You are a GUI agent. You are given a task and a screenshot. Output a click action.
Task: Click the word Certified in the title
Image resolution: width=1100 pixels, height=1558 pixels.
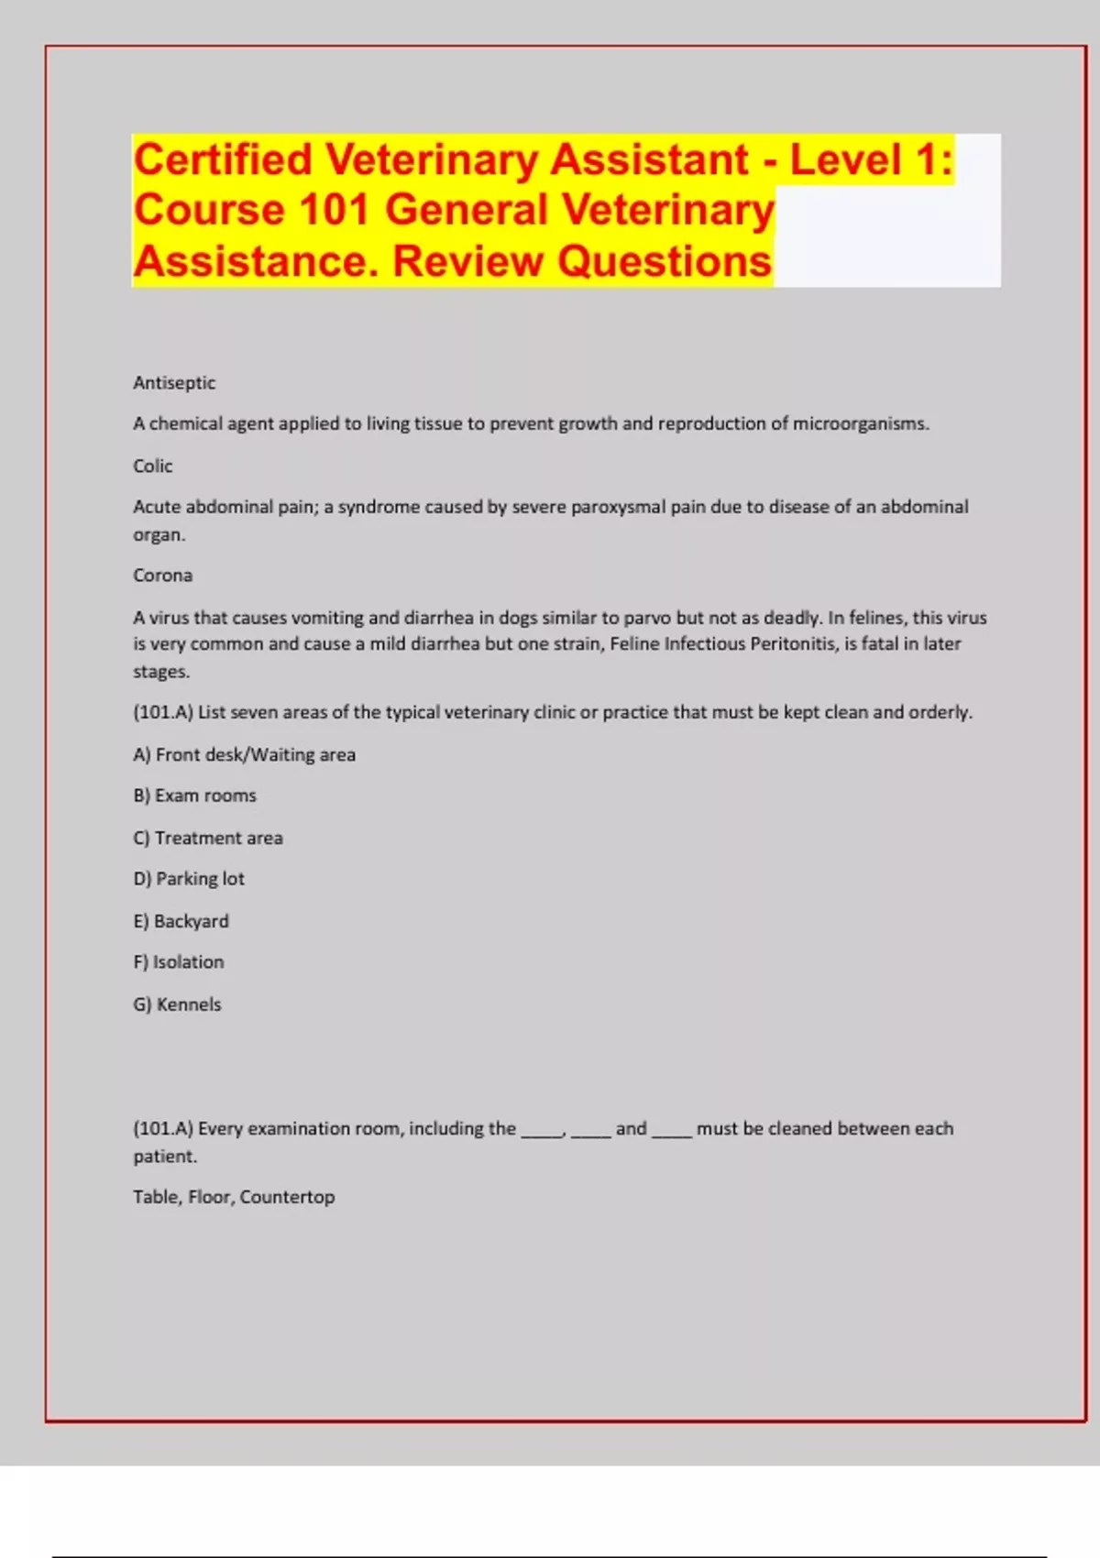tap(223, 160)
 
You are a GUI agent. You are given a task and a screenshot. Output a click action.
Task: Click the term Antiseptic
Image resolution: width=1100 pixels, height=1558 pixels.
tap(174, 383)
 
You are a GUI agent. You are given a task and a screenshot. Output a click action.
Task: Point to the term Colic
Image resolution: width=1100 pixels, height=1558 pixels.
tap(152, 466)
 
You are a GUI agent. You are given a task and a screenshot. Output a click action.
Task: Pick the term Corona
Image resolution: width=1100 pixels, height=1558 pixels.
tap(162, 576)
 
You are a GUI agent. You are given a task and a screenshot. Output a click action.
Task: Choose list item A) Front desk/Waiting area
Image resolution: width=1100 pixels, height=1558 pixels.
tap(244, 755)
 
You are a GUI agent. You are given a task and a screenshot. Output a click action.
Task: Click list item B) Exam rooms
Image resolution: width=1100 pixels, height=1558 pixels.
tap(194, 796)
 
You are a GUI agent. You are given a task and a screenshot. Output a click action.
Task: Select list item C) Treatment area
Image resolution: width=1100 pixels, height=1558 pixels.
tap(208, 839)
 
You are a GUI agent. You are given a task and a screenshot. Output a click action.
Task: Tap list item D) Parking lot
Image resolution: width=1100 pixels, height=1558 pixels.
tap(189, 879)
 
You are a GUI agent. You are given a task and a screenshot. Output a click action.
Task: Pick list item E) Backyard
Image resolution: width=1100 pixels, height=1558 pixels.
tap(181, 921)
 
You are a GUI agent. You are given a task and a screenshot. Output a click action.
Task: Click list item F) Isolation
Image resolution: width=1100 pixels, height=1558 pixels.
tap(178, 962)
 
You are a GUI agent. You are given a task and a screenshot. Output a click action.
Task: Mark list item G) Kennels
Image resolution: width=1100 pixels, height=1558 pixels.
tap(177, 1004)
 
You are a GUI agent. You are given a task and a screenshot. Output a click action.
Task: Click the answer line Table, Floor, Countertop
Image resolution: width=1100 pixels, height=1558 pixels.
tap(234, 1197)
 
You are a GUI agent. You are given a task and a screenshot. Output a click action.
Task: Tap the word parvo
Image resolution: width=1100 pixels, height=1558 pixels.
tap(646, 618)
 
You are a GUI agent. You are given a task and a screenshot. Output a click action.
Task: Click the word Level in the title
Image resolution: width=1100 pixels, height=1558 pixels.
tap(845, 160)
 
